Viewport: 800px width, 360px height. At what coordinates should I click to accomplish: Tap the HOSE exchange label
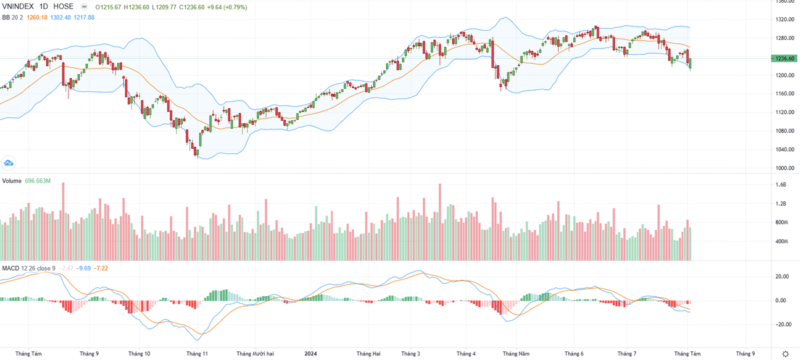pos(63,7)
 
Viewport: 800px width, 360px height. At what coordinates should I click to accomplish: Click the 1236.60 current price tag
pos(784,59)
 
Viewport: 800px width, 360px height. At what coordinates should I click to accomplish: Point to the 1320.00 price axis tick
pos(784,19)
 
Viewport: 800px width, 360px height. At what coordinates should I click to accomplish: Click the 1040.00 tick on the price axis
pos(784,149)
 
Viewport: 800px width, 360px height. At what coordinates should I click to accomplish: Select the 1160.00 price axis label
pos(784,93)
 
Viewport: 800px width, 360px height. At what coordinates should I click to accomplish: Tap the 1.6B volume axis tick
pos(781,185)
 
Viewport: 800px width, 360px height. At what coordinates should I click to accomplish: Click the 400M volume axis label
pos(783,241)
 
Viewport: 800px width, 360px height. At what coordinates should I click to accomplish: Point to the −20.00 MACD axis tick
pos(782,325)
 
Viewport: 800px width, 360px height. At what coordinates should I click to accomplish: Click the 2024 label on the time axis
pos(311,353)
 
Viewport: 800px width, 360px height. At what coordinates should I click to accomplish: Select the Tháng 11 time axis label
pos(197,353)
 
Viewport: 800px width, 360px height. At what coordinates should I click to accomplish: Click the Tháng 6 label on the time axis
pos(573,353)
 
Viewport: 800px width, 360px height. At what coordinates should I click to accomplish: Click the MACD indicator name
pos(11,268)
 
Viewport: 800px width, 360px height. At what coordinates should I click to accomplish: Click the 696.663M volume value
pos(38,181)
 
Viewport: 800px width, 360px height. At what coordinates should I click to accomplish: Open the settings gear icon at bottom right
pos(784,353)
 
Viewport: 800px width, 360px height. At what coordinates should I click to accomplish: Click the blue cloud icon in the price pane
pos(9,162)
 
